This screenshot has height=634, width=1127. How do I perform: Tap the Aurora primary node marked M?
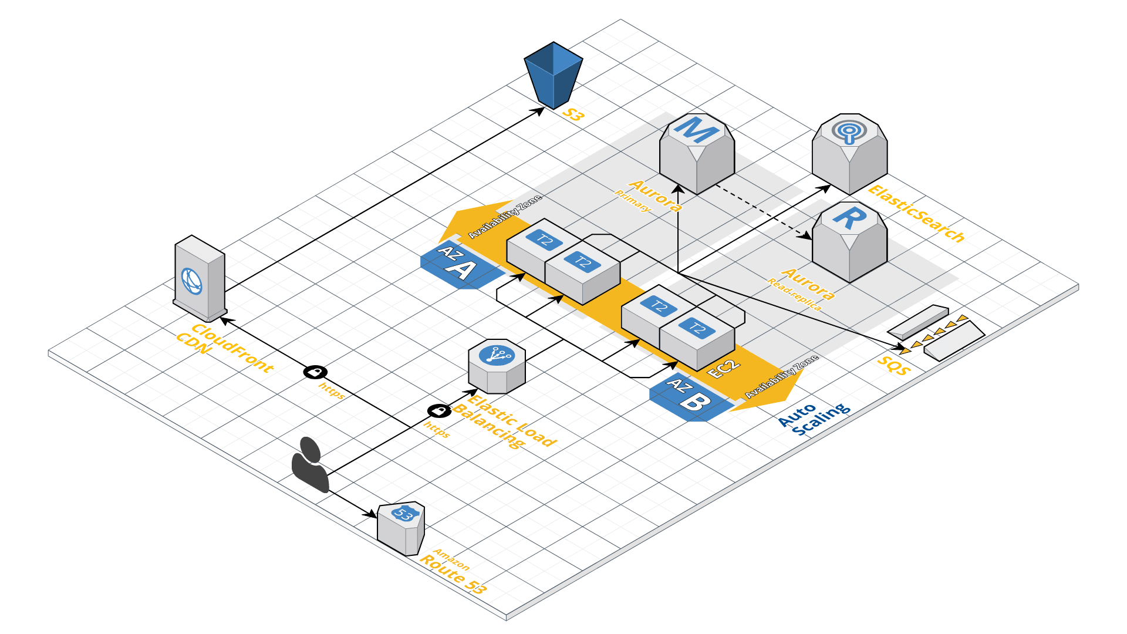click(697, 154)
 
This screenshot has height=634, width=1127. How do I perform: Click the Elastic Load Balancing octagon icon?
click(497, 366)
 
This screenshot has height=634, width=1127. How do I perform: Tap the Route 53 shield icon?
click(401, 528)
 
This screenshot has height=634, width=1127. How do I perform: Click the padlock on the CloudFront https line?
click(315, 372)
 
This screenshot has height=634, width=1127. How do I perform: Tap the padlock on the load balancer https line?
click(439, 410)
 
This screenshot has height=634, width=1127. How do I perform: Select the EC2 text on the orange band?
click(724, 369)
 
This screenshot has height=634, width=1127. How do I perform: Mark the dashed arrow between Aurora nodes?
click(763, 212)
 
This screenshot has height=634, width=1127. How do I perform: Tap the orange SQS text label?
click(893, 366)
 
